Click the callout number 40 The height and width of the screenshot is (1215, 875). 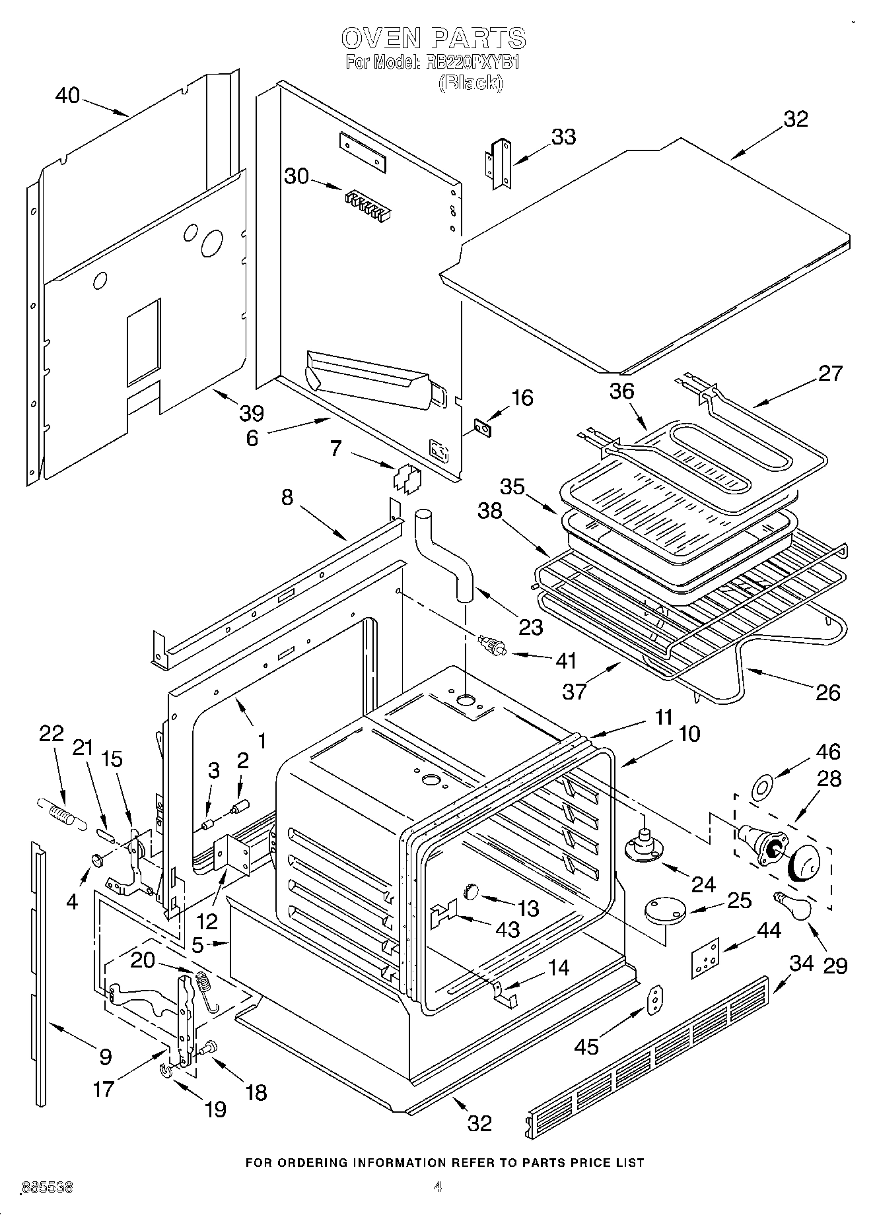click(x=67, y=96)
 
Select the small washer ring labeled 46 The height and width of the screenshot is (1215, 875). click(x=761, y=787)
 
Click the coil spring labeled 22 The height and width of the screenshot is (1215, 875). click(x=61, y=812)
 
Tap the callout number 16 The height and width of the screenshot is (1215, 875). click(x=522, y=398)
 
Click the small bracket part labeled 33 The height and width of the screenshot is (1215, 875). click(x=499, y=163)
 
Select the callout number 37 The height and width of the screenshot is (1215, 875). click(x=573, y=692)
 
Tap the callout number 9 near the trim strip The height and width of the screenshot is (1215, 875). click(x=105, y=1057)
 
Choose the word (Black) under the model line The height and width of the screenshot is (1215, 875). click(x=471, y=82)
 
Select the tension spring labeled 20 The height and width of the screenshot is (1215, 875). click(x=205, y=987)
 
